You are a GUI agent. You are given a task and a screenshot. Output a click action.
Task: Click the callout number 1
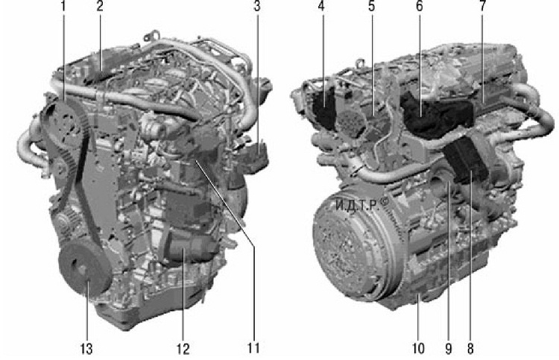pyautogui.click(x=64, y=6)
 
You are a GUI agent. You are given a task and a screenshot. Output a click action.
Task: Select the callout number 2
pyautogui.click(x=100, y=6)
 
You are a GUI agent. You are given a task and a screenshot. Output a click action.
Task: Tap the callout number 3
pyautogui.click(x=257, y=6)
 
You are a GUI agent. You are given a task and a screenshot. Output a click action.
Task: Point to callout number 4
pyautogui.click(x=321, y=6)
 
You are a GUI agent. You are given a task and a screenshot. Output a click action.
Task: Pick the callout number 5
pyautogui.click(x=372, y=6)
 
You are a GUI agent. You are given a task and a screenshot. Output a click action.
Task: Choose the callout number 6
pyautogui.click(x=420, y=6)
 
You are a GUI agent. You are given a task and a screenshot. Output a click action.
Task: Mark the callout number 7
pyautogui.click(x=483, y=6)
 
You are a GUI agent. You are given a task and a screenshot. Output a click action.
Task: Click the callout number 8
pyautogui.click(x=470, y=349)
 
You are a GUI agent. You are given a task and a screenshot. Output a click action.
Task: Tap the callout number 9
pyautogui.click(x=449, y=349)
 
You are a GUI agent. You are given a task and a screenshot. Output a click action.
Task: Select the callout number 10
pyautogui.click(x=418, y=349)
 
